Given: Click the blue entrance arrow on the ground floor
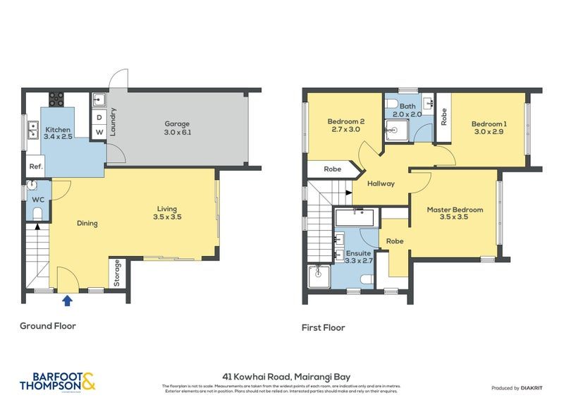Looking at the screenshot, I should (67, 301).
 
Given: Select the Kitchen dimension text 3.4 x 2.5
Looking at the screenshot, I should (56, 137).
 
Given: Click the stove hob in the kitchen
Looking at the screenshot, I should (56, 99).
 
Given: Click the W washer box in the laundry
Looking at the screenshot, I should (99, 131).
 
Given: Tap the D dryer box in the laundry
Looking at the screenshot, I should (99, 117).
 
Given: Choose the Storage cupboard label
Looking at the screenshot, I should (116, 274).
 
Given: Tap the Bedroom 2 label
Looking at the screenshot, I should (345, 121).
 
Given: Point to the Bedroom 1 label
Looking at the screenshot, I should (489, 124).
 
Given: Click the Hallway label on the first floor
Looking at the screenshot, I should (381, 183).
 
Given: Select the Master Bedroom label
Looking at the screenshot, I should (455, 210).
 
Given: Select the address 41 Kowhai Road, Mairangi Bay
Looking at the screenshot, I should (282, 377).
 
